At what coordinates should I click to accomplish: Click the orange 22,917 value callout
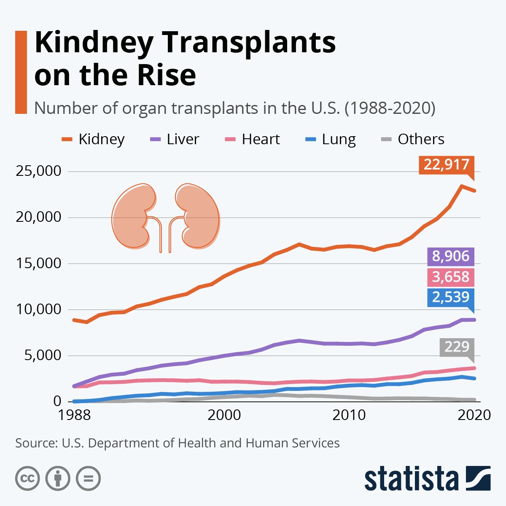[x=447, y=165]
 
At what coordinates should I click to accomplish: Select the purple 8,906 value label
[x=450, y=256]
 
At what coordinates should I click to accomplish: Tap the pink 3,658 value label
[x=450, y=277]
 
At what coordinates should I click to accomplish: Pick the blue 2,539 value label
[x=450, y=297]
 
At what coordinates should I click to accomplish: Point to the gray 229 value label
[x=457, y=347]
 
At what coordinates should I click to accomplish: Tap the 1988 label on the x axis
[x=75, y=415]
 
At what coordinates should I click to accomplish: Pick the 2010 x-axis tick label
[x=349, y=415]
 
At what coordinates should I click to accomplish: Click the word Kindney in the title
[x=93, y=43]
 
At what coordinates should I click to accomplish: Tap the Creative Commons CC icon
[x=27, y=479]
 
